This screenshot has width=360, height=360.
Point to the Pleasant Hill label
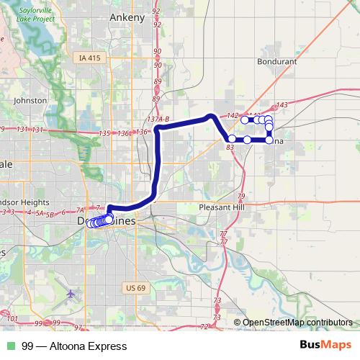coord(222,207)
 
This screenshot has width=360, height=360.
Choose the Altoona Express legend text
coord(69,346)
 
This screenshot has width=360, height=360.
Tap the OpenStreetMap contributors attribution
coord(297,323)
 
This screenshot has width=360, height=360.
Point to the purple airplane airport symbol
coord(71,294)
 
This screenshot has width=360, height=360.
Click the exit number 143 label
coord(281,105)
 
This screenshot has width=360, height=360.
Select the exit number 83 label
coord(230,147)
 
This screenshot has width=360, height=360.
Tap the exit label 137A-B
coord(156,119)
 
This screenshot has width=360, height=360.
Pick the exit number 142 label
coord(232,115)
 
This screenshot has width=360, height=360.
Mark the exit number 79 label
coord(241,196)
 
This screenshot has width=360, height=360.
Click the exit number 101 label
coord(11,318)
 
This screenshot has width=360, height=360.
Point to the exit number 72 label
coord(204,326)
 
